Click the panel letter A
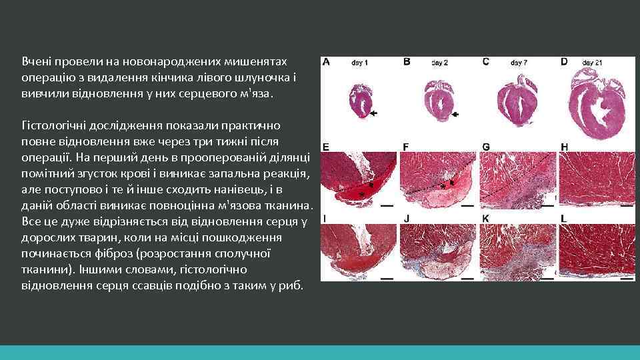tap(326, 61)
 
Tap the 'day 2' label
tap(439, 63)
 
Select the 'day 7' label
tap(519, 63)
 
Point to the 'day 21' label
tap(592, 63)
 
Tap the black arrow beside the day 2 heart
tap(455, 115)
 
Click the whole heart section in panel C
tap(519, 105)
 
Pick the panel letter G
tap(485, 147)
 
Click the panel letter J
tap(406, 218)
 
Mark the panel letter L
tap(564, 218)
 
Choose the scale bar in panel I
tap(386, 277)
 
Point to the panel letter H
tap(565, 147)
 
